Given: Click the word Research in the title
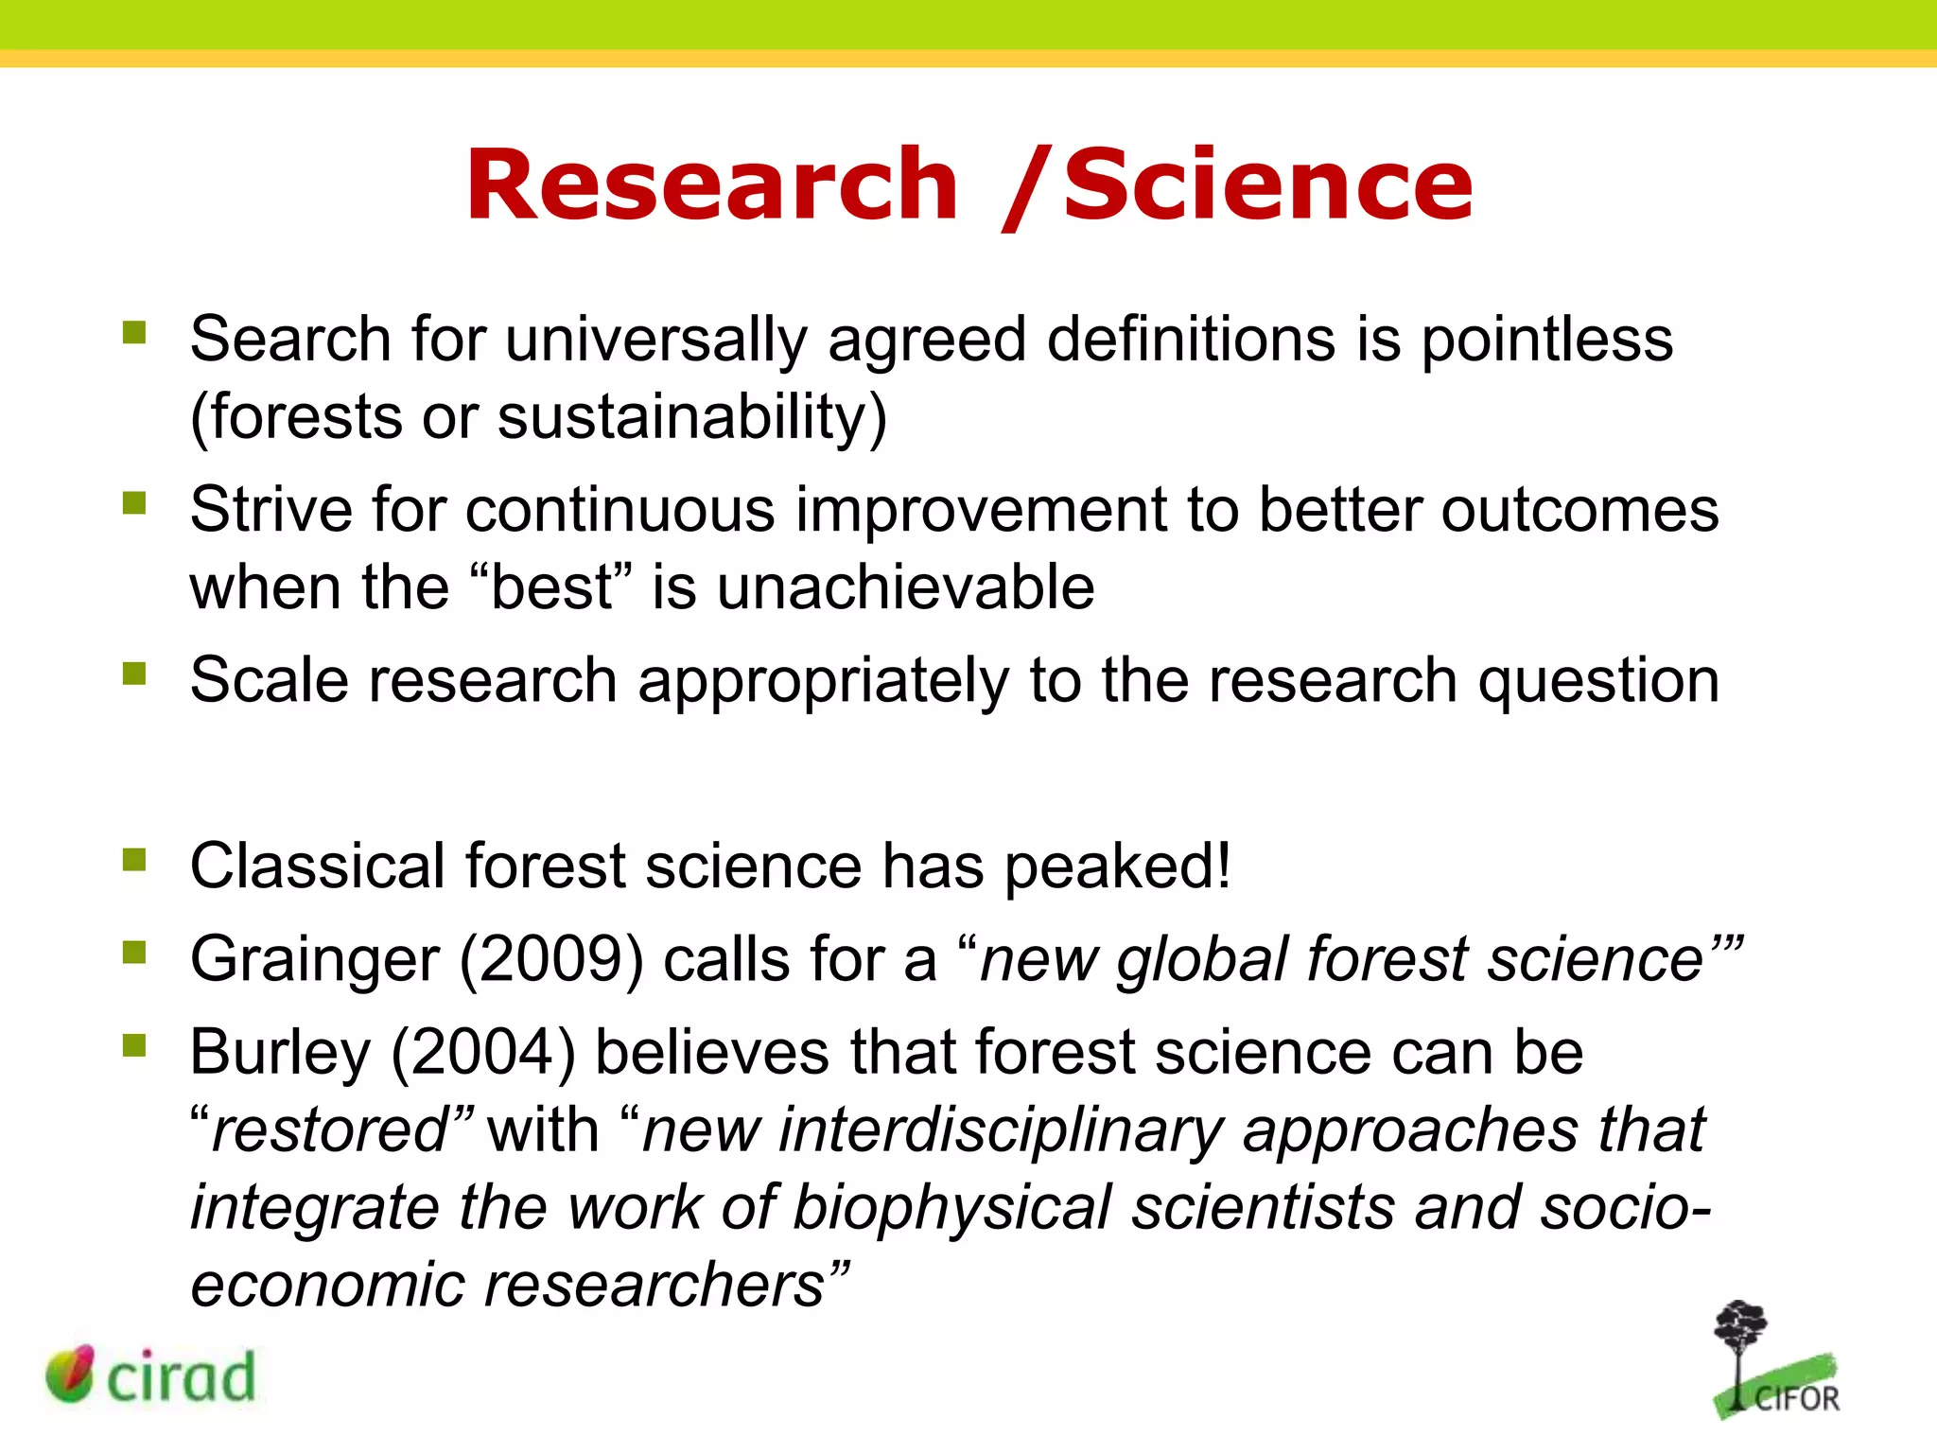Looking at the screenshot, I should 711,185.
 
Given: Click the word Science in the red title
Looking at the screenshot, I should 1267,185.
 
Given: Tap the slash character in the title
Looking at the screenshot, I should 1026,189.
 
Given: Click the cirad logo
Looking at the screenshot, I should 151,1375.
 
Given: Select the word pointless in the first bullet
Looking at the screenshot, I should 1546,341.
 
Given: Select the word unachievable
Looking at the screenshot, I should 905,588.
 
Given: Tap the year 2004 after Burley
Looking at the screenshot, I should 483,1054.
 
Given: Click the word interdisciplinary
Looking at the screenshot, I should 1000,1132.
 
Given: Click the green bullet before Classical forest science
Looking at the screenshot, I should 134,860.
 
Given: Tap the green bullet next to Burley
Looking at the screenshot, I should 134,1045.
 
